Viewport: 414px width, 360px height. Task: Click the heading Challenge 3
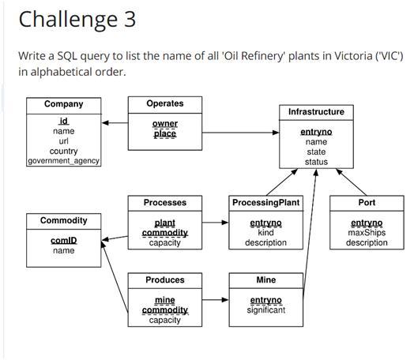[x=77, y=19]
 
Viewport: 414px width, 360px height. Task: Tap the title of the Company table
[x=63, y=104]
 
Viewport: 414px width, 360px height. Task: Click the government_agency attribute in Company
[x=63, y=161]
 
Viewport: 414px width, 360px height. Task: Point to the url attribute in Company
[x=63, y=141]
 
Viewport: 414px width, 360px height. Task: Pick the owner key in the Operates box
[x=164, y=123]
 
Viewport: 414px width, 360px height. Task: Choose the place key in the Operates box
[x=164, y=133]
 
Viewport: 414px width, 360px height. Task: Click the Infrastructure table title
[x=316, y=112]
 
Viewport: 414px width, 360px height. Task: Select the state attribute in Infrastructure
[x=316, y=152]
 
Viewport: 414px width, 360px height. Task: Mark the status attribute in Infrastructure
[x=316, y=162]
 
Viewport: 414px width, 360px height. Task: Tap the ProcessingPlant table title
[x=265, y=203]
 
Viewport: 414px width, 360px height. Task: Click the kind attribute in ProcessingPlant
[x=265, y=233]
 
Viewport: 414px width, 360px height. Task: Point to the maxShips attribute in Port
[x=367, y=233]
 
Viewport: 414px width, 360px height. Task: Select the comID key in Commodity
[x=63, y=240]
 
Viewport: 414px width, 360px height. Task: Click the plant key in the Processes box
[x=164, y=223]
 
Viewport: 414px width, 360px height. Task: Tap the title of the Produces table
[x=164, y=280]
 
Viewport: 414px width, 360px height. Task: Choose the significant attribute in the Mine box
[x=265, y=310]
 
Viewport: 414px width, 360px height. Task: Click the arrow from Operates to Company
[x=115, y=122]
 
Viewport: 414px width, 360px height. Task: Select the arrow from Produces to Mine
[x=215, y=300]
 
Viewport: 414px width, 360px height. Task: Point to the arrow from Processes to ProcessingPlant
[x=215, y=223]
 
